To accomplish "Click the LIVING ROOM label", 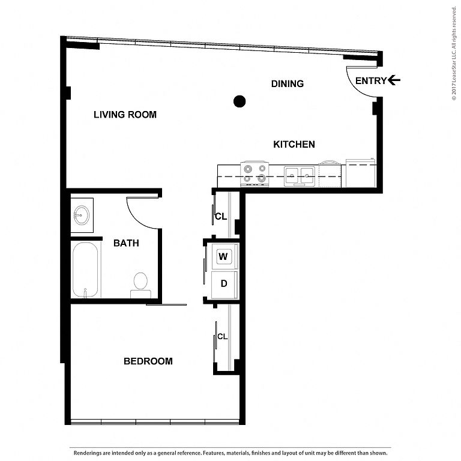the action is click(125, 115).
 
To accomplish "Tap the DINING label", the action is click(288, 84).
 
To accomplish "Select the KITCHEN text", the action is click(294, 144).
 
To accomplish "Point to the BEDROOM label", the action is click(148, 361).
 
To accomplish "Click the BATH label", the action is click(126, 243).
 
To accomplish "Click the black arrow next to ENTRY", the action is click(394, 80).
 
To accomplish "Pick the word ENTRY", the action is click(371, 81).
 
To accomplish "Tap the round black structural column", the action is click(240, 101).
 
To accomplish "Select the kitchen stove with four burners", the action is click(255, 173).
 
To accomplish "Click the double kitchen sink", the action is click(300, 176).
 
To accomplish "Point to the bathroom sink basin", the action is click(82, 215).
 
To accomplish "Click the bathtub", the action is click(86, 270).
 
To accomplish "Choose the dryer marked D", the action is click(224, 285).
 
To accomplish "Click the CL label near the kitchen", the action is click(221, 216).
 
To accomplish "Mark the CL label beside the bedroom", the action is click(222, 336).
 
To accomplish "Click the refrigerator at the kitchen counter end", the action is click(361, 173).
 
